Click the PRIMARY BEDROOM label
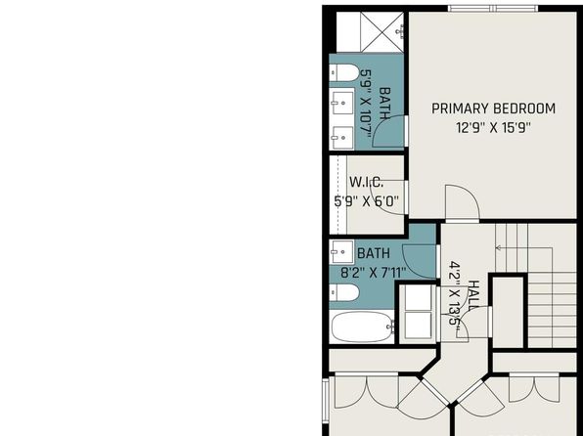point(493,109)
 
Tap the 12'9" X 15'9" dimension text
point(493,128)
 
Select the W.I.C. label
point(366,182)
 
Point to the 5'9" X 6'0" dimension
point(366,201)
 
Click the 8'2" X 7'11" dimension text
point(373,273)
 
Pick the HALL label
point(472,295)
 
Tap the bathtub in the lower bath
point(361,327)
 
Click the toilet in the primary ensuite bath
point(344,72)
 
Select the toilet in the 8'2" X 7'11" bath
point(344,292)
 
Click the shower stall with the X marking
point(382,32)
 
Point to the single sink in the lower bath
point(341,252)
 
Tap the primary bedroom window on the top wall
point(493,9)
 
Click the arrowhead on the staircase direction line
point(498,248)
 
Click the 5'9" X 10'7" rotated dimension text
point(366,104)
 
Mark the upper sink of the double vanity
point(342,103)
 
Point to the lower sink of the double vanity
point(342,138)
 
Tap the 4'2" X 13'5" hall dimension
point(454,293)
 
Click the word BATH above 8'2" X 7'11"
point(374,253)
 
